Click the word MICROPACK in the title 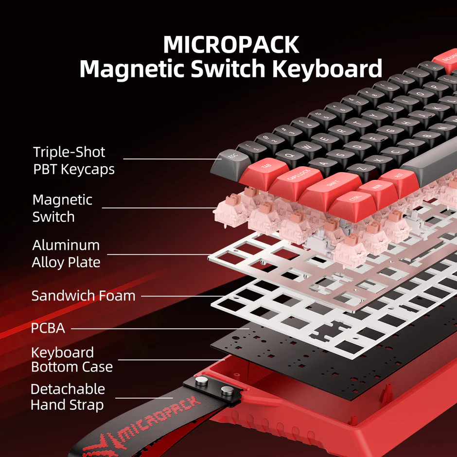tap(231, 45)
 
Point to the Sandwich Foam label tap(83, 295)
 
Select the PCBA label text tap(48, 328)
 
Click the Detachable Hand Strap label tap(68, 397)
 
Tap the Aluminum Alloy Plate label tap(66, 253)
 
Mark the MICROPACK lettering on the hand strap tap(160, 418)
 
